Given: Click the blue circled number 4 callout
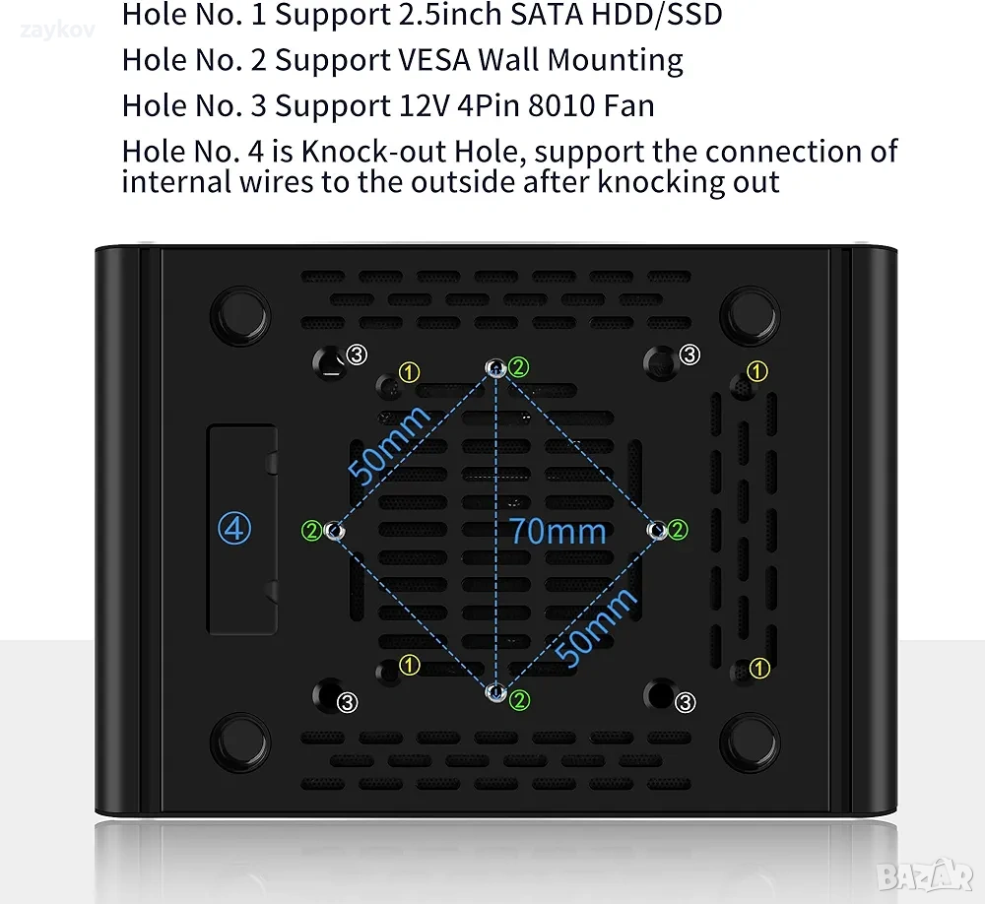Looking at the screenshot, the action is [234, 529].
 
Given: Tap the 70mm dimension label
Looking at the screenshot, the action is [558, 531].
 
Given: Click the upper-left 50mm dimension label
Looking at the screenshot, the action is [389, 445].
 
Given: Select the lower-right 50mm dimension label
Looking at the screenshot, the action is [596, 627].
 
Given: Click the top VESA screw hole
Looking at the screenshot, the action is [496, 367].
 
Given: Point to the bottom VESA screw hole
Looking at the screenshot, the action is [496, 692].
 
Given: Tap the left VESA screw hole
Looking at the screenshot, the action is [335, 532].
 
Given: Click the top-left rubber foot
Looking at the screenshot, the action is [240, 316].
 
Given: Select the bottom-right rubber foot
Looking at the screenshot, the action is [750, 743].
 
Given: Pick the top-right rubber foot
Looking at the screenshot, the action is [750, 316].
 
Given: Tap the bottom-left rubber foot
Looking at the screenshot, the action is [240, 743].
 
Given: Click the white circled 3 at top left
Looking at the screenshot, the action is [357, 355].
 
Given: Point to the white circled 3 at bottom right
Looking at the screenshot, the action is [686, 702].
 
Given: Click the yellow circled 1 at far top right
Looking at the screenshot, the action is [756, 370].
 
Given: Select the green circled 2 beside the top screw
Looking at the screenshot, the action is [519, 367].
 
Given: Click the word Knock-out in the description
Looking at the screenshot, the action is [372, 151].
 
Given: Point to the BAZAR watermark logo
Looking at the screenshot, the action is [925, 875].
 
